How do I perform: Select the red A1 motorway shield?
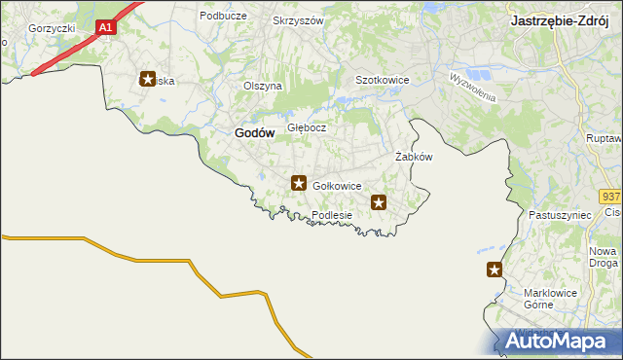pos(107,28)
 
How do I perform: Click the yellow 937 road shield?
pos(610,196)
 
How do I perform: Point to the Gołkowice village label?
pos(338,186)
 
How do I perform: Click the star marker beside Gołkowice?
pos(299,182)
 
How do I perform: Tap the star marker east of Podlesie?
pos(379,202)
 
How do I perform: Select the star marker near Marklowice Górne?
pos(495,270)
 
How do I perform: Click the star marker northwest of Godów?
pos(148,80)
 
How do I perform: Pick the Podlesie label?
pos(331,215)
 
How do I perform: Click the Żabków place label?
pos(413,157)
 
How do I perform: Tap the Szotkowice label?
pos(382,80)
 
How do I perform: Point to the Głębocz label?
pos(307,127)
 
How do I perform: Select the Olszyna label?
pos(263,86)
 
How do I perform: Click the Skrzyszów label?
pos(298,20)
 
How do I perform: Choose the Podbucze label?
pos(221,16)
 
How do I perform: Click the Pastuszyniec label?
pos(554,213)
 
